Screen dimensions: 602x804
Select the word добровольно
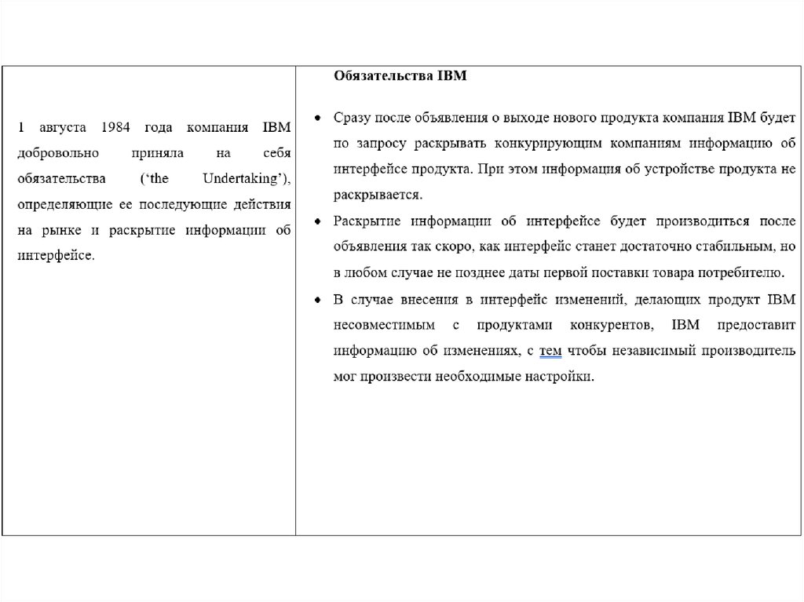(x=56, y=153)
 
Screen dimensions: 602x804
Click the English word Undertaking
(x=241, y=179)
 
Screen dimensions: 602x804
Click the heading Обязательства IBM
(x=400, y=76)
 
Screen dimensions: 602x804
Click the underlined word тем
(x=550, y=350)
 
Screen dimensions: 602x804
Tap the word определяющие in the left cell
(x=64, y=204)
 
